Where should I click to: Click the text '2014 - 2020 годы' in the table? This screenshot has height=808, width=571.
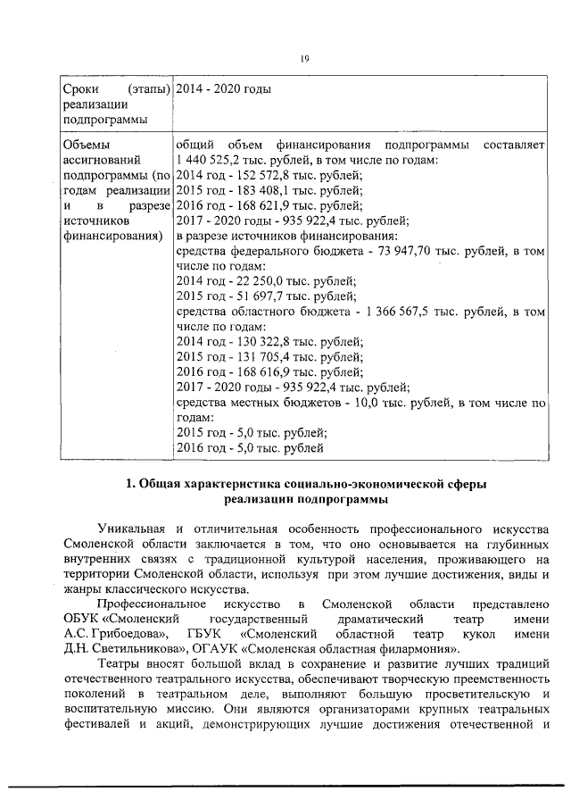(224, 89)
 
